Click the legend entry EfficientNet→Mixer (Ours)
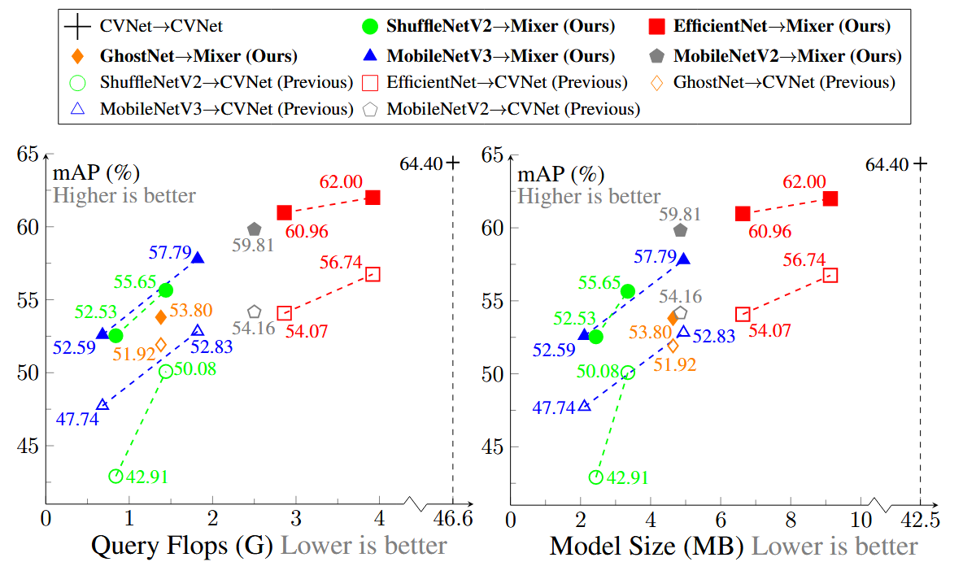coord(781,26)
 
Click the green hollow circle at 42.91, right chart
coord(596,477)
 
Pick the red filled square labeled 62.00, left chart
coord(373,198)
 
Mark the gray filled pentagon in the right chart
coord(680,230)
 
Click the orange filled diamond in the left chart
coord(161,316)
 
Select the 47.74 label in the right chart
coord(553,407)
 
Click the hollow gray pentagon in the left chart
coord(255,311)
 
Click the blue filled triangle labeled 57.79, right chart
coord(683,259)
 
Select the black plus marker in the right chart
coord(920,163)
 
